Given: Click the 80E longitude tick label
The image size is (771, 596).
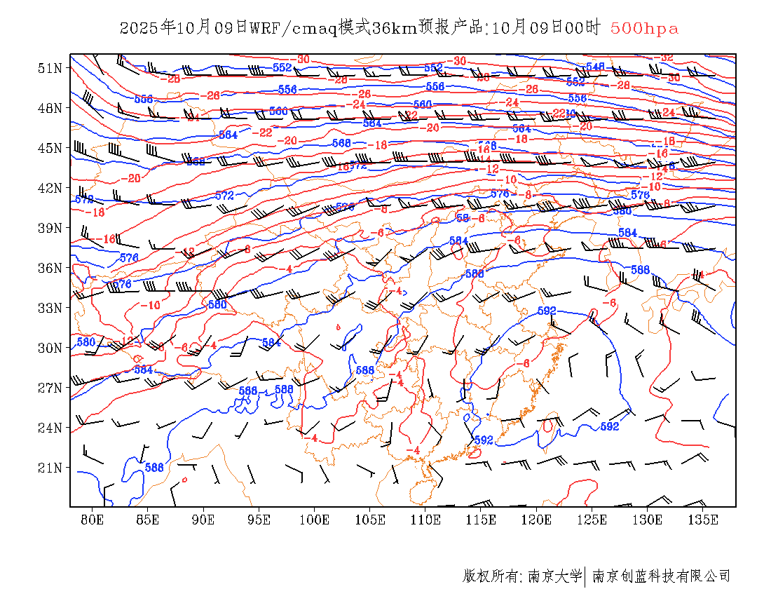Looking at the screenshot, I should coord(93,520).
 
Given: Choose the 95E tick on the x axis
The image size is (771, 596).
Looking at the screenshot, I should coord(259,520).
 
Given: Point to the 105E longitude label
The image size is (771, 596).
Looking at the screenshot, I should coord(370,520).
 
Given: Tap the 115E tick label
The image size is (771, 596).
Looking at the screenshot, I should coord(482,520).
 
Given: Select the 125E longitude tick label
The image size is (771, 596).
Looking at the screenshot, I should coord(592,520).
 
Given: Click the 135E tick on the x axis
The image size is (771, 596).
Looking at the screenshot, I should coord(703,520).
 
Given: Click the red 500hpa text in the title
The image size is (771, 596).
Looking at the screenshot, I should coord(644,29).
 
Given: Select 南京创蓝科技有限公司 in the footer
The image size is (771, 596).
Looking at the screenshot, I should coord(661,576).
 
